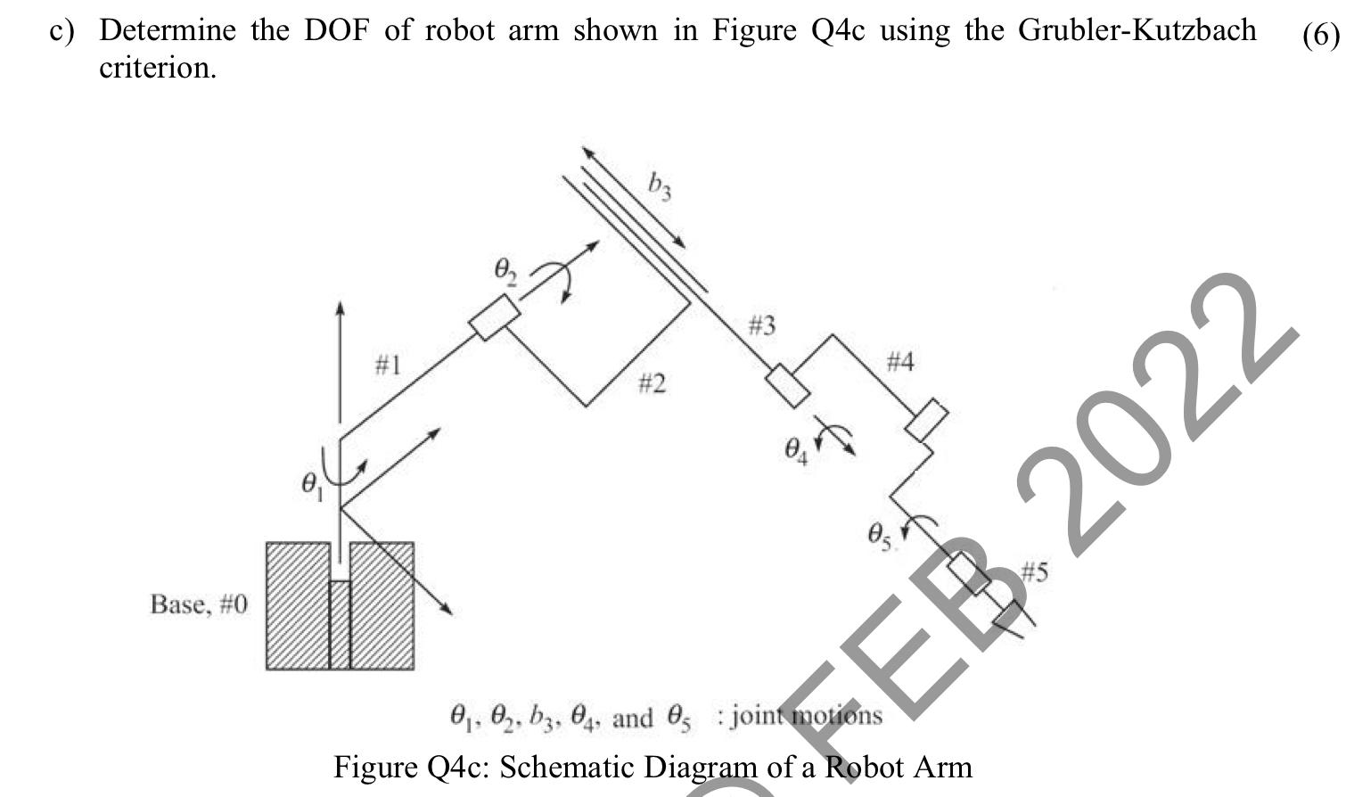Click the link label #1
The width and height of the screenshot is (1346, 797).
(388, 365)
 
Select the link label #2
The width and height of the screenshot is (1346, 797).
(652, 384)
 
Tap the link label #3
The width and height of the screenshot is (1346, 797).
(761, 326)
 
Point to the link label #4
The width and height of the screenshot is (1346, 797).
(900, 362)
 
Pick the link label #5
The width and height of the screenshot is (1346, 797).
(1034, 571)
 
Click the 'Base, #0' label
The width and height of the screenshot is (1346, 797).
(200, 604)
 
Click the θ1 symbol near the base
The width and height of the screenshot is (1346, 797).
(311, 486)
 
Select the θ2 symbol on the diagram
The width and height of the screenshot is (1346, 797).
(505, 270)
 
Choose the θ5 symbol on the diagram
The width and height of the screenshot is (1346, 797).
(879, 536)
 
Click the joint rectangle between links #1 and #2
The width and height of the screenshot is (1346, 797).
(494, 316)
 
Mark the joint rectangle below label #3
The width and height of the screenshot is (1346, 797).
(788, 385)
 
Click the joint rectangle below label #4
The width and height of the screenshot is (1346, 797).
(926, 421)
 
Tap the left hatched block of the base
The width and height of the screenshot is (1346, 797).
(298, 605)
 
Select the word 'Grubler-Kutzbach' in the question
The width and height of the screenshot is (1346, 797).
(1137, 30)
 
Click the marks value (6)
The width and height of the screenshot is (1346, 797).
(1320, 35)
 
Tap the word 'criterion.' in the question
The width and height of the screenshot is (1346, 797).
(158, 68)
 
